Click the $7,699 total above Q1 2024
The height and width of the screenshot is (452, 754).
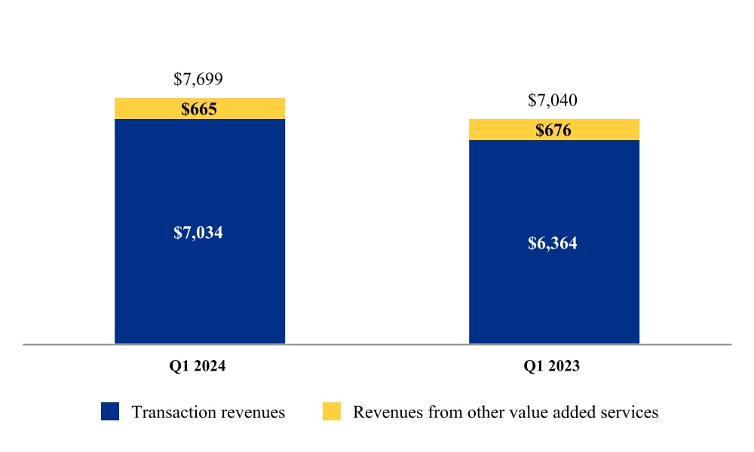[x=198, y=79]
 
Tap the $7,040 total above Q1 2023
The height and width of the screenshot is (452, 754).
[x=553, y=100]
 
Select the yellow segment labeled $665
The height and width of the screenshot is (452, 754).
[x=199, y=108]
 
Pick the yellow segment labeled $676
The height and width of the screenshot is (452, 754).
[x=553, y=130]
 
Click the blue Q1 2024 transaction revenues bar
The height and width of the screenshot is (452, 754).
[x=199, y=286]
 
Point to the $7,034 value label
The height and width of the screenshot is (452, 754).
[x=198, y=232]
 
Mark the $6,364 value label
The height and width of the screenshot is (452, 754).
[x=553, y=243]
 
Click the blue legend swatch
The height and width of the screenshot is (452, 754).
[x=110, y=411]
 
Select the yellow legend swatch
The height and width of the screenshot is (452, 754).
[x=332, y=411]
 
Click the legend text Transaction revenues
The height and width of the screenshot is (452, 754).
[x=208, y=412]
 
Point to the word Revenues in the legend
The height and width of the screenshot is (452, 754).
[x=385, y=412]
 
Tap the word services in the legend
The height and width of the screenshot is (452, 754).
[x=633, y=412]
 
